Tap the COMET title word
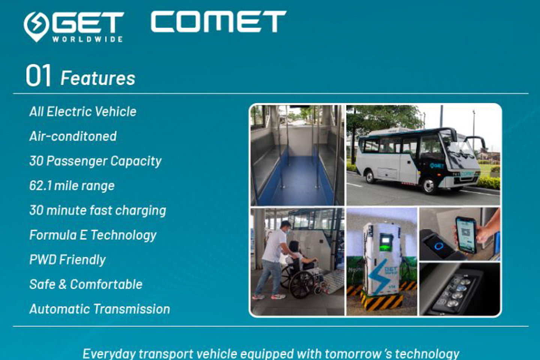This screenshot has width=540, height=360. click(x=218, y=21)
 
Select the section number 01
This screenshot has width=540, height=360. click(x=39, y=75)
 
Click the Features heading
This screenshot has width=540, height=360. click(x=98, y=78)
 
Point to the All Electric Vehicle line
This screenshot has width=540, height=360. click(x=83, y=112)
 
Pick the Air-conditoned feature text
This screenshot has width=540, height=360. click(x=73, y=136)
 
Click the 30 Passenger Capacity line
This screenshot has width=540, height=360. click(x=96, y=161)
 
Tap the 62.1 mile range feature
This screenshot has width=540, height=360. click(x=72, y=186)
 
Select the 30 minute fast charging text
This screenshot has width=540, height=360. click(x=97, y=210)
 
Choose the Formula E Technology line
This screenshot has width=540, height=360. click(x=93, y=235)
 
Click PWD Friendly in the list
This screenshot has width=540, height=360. click(x=67, y=260)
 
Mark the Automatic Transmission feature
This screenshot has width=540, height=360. click(x=100, y=309)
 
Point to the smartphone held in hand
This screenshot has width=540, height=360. click(x=466, y=235)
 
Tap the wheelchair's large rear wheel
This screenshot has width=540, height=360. click(x=301, y=285)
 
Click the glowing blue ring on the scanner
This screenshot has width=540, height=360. click(x=439, y=246)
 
